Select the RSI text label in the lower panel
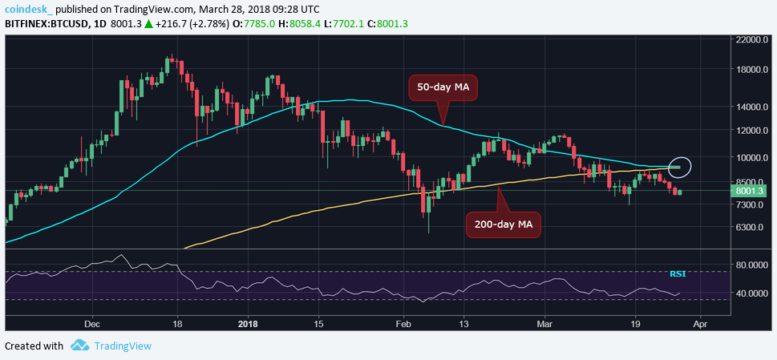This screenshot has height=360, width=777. tap(678, 274)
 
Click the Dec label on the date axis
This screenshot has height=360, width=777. tap(91, 325)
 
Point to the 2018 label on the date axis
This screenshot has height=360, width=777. tap(247, 325)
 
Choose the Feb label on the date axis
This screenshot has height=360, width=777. tap(403, 325)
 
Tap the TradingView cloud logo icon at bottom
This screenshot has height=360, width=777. tap(79, 346)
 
